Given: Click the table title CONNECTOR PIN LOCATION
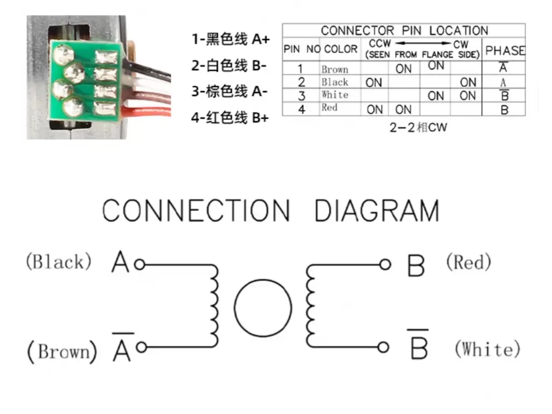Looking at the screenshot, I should pyautogui.click(x=404, y=31).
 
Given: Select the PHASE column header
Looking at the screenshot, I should pyautogui.click(x=505, y=51).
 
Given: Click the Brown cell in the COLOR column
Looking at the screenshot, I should pyautogui.click(x=335, y=69).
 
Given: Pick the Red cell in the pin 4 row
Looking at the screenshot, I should pyautogui.click(x=329, y=108).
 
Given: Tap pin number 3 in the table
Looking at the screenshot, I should pyautogui.click(x=301, y=95).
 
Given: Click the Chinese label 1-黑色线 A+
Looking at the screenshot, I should pyautogui.click(x=230, y=39).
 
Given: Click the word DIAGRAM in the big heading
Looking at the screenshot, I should pyautogui.click(x=377, y=211).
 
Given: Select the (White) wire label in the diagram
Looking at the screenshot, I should pyautogui.click(x=487, y=349).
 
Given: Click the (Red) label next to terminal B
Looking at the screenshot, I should pyautogui.click(x=468, y=263).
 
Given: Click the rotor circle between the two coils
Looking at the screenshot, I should pyautogui.click(x=263, y=309).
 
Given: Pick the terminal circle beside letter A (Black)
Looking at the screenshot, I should pyautogui.click(x=139, y=265).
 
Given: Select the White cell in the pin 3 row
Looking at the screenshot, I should pyautogui.click(x=335, y=95).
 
